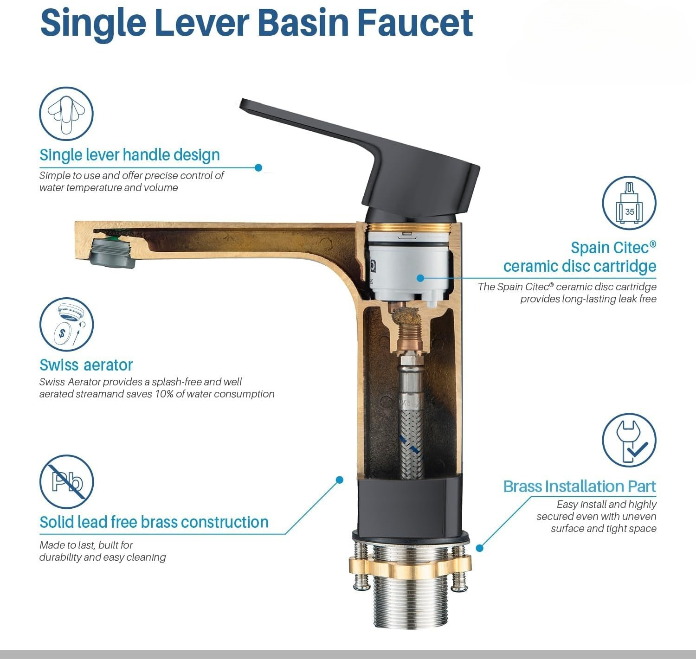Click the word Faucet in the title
(x=415, y=23)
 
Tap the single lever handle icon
(x=66, y=114)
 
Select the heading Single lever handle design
(x=129, y=155)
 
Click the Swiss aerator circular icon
(x=66, y=324)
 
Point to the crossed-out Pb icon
(x=66, y=482)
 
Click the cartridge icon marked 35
(x=629, y=203)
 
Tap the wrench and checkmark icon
(x=629, y=440)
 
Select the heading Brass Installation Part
(x=580, y=486)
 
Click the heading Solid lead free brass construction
(x=154, y=522)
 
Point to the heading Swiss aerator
(x=86, y=365)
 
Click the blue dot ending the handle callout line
(x=258, y=168)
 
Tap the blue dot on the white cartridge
(x=420, y=278)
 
